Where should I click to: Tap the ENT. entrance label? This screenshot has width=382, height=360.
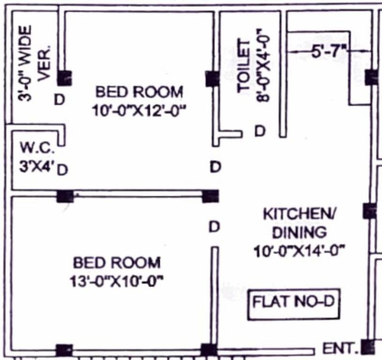click(340, 349)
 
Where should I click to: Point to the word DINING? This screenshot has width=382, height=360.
click(300, 232)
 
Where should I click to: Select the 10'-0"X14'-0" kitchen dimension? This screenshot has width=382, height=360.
click(300, 251)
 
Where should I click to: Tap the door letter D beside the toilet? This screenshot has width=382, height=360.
click(259, 132)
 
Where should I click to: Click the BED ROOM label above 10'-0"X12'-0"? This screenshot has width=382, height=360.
click(139, 90)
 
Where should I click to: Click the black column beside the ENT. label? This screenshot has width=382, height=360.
click(368, 347)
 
